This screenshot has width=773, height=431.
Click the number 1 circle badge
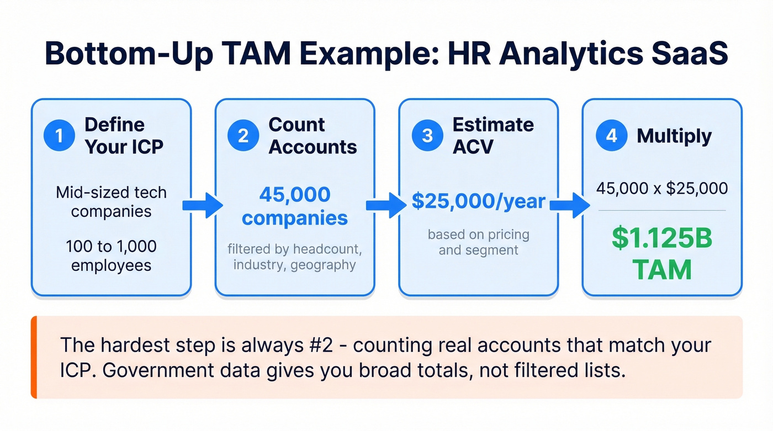pos(59,136)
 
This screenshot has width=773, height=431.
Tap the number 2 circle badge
pos(243,136)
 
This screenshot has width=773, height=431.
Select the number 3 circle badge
pos(427,136)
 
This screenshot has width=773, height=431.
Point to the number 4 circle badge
pos(611,136)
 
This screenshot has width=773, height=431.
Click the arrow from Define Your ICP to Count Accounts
pos(203,205)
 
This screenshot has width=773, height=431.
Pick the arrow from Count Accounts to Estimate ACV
pos(387,205)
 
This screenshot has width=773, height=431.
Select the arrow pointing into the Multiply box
pos(570,205)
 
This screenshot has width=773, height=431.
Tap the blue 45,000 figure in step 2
pos(294,194)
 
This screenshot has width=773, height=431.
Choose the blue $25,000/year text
pos(478,201)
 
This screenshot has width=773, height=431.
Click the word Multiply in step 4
pos(674,136)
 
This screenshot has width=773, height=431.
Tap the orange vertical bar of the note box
pos(34,357)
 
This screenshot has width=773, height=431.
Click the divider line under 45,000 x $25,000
pos(662,210)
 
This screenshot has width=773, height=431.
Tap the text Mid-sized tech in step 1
pos(111,193)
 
